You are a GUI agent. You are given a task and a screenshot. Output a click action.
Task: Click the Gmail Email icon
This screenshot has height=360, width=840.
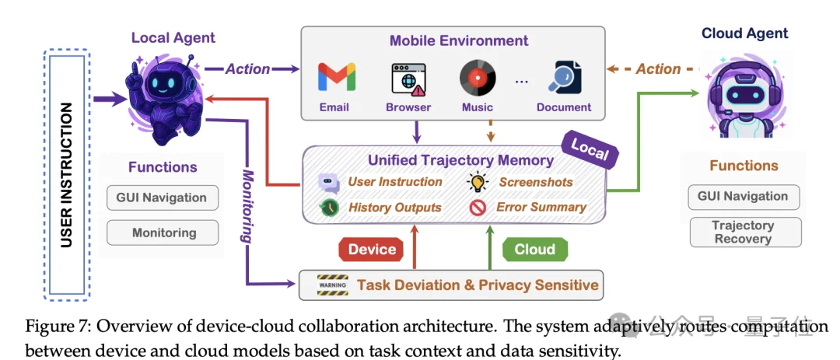coord(336,78)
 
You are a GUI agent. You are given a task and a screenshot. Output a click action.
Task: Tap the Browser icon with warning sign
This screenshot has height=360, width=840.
coord(408,79)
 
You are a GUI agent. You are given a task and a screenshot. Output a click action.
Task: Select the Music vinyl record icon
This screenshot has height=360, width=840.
coord(477,79)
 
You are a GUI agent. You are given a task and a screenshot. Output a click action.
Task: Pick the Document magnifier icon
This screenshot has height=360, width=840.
coord(563,79)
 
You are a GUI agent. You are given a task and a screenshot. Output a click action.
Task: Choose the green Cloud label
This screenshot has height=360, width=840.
coord(534,250)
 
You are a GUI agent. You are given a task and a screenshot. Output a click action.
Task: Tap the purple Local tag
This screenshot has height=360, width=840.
coord(589,151)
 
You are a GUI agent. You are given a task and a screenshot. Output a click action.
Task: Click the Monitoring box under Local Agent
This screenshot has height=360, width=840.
coord(163,232)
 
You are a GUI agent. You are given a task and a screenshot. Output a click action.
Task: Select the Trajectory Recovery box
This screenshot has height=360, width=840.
coord(743,232)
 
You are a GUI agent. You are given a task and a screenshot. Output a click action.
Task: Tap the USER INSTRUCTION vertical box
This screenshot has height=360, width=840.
coord(67,175)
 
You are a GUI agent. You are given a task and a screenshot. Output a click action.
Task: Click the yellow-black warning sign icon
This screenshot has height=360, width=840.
coord(331,285)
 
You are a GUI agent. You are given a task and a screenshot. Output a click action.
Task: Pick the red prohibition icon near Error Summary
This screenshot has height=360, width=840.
coord(478,207)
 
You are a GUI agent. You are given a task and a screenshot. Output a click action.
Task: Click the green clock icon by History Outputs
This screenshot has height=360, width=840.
coord(329,207)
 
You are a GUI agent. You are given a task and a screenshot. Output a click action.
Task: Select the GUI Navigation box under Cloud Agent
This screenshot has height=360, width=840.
coord(744,197)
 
